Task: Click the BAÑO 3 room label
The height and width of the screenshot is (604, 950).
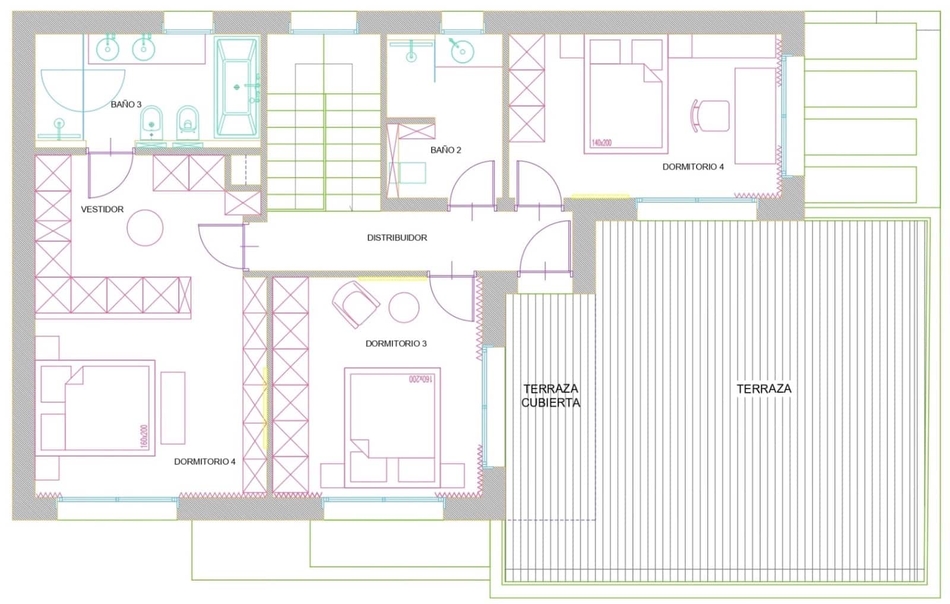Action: pos(126,105)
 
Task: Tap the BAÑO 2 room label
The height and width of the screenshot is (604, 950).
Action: pos(445,150)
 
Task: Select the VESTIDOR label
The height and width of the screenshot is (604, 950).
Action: pos(102,210)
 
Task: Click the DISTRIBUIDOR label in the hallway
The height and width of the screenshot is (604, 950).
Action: pos(397,238)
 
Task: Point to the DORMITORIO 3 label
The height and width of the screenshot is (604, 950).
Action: pos(395,344)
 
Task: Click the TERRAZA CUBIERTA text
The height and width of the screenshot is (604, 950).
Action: pos(550,396)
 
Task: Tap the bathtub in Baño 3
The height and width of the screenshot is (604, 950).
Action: pos(237,87)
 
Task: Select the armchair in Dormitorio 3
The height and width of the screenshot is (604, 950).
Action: pos(355,303)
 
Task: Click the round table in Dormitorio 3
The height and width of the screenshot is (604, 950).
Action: pos(404,308)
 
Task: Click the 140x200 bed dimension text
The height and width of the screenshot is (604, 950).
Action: pos(601,143)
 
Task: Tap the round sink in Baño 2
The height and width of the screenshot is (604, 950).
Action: pos(462,52)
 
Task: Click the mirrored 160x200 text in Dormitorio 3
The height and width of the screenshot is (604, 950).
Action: pos(422,379)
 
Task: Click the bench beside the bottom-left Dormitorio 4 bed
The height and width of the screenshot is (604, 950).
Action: pos(173,408)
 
